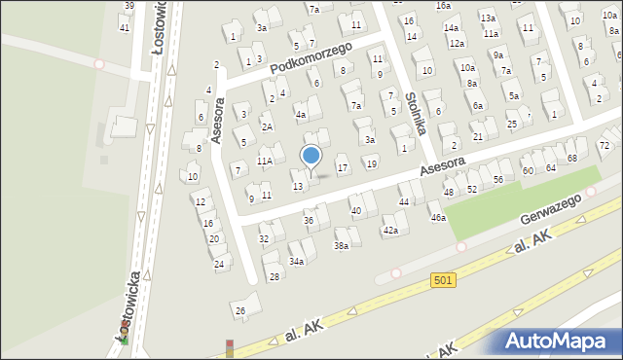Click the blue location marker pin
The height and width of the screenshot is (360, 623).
[311, 157]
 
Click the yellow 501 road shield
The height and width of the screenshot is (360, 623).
[443, 280]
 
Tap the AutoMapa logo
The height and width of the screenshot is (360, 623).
[560, 341]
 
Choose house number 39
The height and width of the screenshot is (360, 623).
[129, 6]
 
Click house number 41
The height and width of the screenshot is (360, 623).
[124, 27]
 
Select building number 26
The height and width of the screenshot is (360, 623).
[239, 310]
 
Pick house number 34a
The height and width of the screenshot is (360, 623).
[297, 261]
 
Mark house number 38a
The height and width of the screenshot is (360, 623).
[342, 246]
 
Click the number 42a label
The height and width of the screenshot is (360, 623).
[390, 230]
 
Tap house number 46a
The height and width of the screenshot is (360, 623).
[439, 218]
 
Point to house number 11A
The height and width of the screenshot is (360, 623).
[265, 162]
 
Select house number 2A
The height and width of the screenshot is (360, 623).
[267, 127]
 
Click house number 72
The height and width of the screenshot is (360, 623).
[604, 146]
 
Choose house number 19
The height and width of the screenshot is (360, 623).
[371, 163]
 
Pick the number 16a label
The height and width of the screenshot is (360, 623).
[443, 6]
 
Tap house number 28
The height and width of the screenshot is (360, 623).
[275, 277]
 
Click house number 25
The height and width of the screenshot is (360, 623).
[511, 126]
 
